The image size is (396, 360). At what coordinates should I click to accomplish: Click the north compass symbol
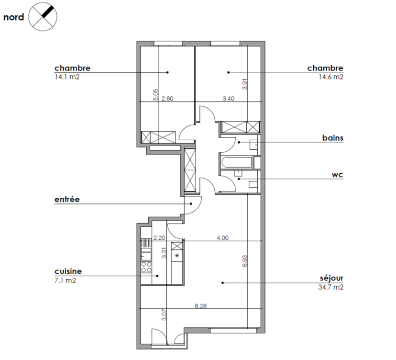click(x=42, y=16)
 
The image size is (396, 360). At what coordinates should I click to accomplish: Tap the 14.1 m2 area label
click(x=66, y=76)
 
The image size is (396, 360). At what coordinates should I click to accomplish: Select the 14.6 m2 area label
click(x=331, y=77)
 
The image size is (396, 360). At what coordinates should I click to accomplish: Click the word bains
click(x=333, y=138)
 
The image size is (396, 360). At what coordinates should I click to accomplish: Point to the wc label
click(x=339, y=175)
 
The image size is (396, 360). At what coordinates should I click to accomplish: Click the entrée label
click(x=67, y=199)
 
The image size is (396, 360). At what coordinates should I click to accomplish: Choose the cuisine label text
click(x=68, y=271)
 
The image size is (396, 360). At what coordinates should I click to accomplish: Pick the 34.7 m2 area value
click(x=331, y=287)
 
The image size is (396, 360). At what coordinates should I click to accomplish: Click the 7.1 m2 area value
click(x=65, y=281)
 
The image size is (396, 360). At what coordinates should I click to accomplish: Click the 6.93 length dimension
click(x=244, y=261)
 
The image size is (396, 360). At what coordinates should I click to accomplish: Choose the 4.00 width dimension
click(x=222, y=237)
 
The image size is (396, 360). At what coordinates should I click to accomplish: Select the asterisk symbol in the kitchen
click(x=177, y=256)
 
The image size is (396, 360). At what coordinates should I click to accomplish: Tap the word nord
click(x=14, y=18)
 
